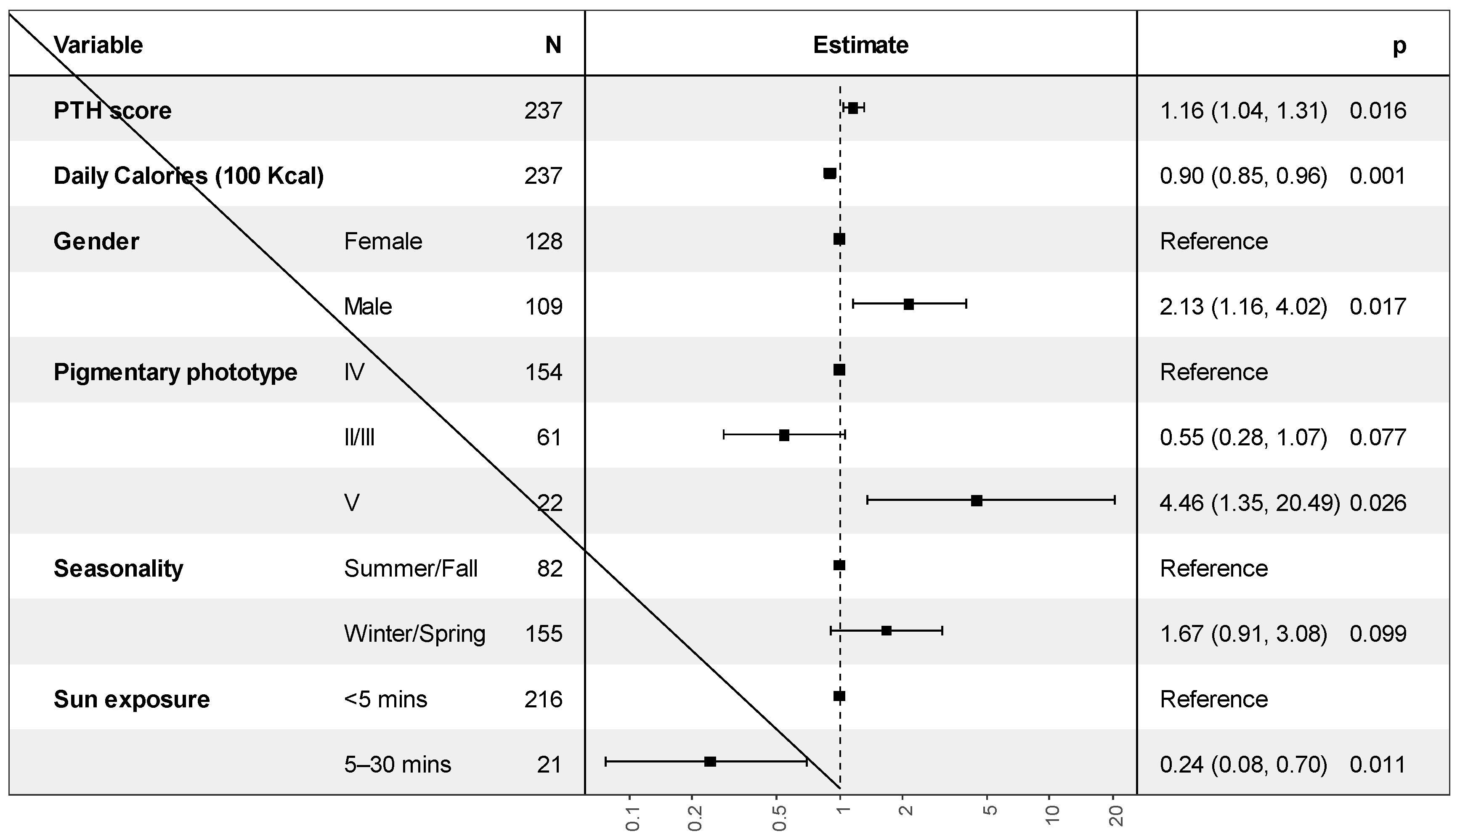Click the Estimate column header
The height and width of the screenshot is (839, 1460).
point(860,45)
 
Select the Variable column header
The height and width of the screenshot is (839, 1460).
point(98,45)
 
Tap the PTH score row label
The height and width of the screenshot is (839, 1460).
point(112,110)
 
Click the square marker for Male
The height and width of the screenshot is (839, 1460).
point(908,304)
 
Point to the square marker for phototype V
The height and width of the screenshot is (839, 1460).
point(977,501)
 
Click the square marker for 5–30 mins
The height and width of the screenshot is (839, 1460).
point(710,762)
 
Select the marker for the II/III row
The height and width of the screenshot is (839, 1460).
point(784,436)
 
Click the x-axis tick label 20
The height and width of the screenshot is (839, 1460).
point(1116,817)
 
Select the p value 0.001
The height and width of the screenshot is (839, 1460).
point(1378,176)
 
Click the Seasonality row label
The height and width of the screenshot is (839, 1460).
point(118,569)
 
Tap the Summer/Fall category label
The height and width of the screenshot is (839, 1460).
point(410,569)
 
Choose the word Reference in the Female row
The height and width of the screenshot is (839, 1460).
point(1213,241)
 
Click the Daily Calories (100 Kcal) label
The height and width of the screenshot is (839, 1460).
point(188,176)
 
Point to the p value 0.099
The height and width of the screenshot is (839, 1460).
point(1378,634)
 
